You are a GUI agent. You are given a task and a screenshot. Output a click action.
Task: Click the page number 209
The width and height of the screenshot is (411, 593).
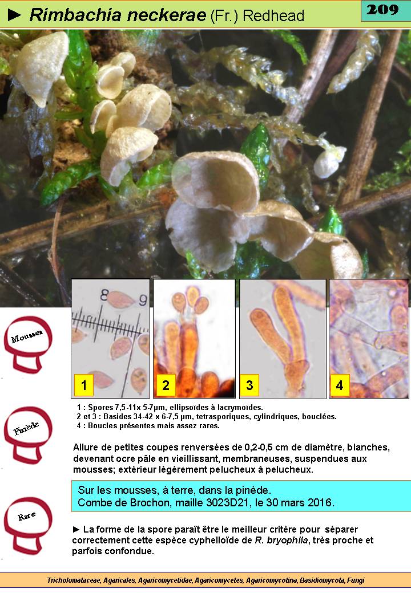(382, 9)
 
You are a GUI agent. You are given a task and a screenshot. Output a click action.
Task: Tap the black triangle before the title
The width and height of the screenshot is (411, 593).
(14, 15)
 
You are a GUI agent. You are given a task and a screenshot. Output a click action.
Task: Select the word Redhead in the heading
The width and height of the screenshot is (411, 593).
(273, 15)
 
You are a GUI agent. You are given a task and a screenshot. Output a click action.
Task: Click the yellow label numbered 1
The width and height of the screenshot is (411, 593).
(84, 385)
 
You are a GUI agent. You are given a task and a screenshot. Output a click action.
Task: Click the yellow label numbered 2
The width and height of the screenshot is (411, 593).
(166, 385)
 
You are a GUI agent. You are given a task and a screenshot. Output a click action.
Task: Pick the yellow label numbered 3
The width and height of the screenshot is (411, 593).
(249, 385)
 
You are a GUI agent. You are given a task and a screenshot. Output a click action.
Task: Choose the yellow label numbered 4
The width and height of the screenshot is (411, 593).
(340, 385)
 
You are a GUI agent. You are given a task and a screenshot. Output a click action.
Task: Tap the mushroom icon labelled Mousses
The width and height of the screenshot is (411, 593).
(27, 344)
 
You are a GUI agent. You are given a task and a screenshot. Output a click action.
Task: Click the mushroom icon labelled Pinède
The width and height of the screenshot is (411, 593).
(27, 435)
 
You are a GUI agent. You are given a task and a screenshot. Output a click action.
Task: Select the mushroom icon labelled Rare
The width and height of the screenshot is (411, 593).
(27, 525)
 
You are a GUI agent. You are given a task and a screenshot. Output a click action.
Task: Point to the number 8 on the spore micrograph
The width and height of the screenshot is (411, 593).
(104, 295)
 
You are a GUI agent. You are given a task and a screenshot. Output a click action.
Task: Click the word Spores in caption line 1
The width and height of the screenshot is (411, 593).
(100, 407)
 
